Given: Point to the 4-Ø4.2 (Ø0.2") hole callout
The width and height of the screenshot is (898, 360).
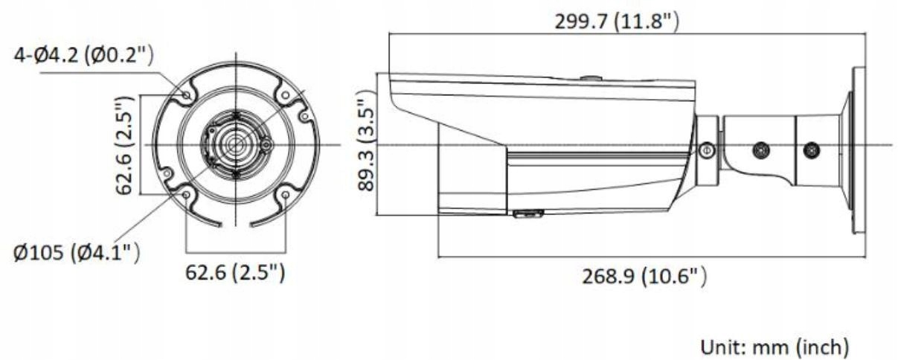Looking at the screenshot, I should (x=83, y=55).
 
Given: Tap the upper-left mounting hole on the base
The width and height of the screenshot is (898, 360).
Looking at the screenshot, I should (x=186, y=94).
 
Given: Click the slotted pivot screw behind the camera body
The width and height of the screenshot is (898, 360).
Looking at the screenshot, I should (x=707, y=150).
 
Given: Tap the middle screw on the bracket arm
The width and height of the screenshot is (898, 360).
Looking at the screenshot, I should (x=760, y=150).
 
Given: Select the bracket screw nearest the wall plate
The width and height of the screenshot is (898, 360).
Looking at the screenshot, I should (x=812, y=150).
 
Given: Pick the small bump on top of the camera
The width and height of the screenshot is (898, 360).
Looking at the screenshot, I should (x=591, y=77).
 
